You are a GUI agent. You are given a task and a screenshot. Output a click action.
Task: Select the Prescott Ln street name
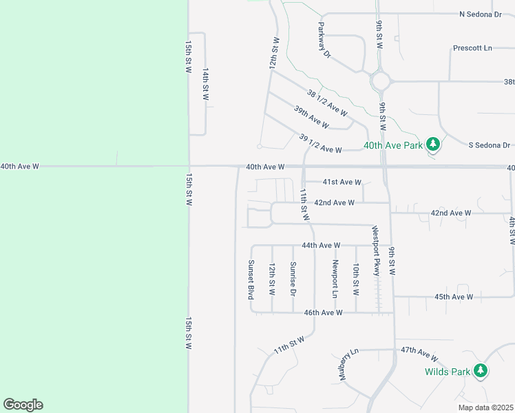473,48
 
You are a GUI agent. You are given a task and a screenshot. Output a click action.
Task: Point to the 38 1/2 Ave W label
327,103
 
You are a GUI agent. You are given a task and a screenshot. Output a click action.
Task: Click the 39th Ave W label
311,117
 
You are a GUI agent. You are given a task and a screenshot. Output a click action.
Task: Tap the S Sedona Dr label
489,145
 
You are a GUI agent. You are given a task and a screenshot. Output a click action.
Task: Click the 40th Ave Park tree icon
432,145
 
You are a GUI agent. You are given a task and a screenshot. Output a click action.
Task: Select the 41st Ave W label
342,182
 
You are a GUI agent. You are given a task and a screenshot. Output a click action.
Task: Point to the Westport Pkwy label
376,251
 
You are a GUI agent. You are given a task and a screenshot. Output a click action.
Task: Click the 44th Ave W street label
322,245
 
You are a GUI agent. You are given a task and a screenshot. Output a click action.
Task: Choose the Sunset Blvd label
251,279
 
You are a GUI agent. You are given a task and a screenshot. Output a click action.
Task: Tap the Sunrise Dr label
293,279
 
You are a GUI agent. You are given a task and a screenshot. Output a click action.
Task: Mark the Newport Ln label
335,279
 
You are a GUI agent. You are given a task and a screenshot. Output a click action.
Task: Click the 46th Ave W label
323,313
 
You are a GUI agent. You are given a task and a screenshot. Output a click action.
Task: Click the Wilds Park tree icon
481,372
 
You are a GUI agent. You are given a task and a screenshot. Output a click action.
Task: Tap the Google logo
23,405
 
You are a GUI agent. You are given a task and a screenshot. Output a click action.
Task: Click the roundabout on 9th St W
381,82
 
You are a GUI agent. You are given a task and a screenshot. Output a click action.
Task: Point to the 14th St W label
206,84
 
